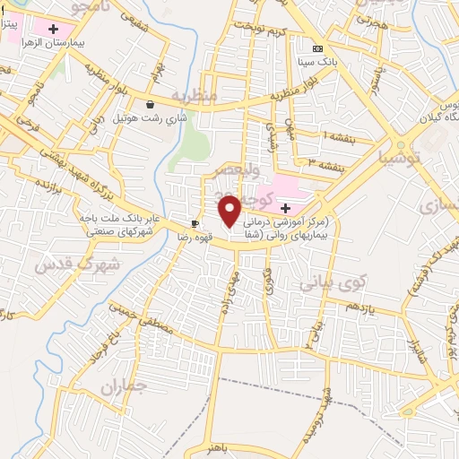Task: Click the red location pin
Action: click(x=230, y=211)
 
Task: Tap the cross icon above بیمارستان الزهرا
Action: click(x=55, y=29)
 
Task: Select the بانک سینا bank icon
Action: click(x=315, y=48)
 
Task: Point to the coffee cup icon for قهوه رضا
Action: click(x=195, y=223)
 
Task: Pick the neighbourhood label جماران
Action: click(x=123, y=389)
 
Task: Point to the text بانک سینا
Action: click(x=342, y=62)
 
